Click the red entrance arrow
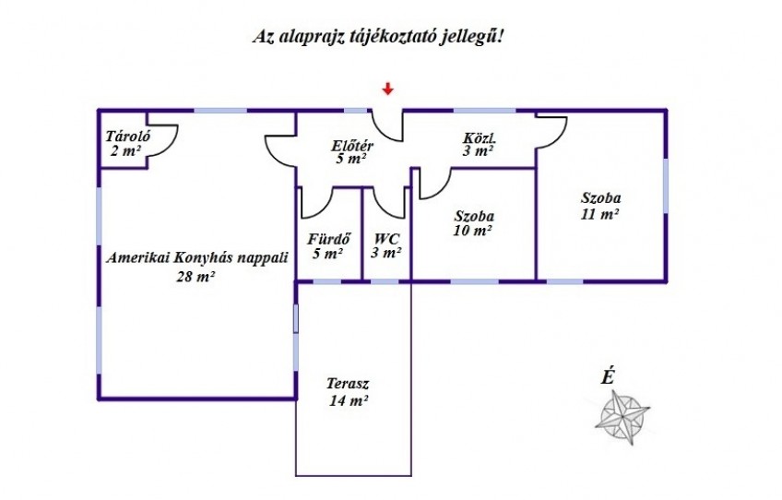click(387, 89)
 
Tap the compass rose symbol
click(622, 418)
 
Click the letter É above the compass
click(607, 376)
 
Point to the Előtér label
click(352, 146)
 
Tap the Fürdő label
click(328, 239)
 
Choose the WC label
click(387, 239)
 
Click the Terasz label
click(348, 384)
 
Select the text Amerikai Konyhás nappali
click(197, 258)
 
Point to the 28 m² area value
click(195, 276)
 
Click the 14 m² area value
click(348, 399)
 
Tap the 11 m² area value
click(600, 214)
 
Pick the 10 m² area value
click(473, 231)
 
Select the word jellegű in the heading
click(468, 37)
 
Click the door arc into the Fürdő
click(323, 208)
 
